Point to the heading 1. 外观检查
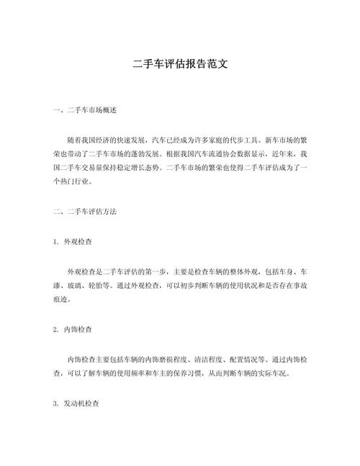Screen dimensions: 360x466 [x=75, y=242]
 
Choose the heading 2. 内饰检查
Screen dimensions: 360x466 [x=75, y=328]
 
